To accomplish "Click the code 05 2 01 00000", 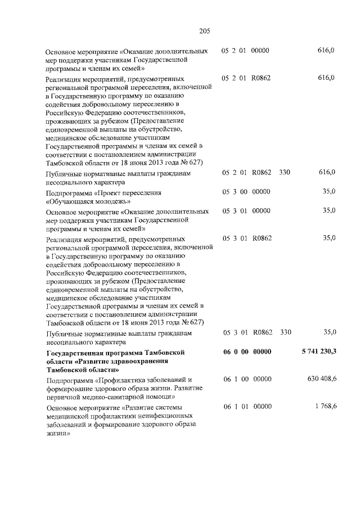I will coord(246,51).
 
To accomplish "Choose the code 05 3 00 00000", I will coord(246,192).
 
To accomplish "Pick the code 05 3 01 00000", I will coord(246,210).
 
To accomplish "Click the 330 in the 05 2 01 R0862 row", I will coord(285,173).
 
